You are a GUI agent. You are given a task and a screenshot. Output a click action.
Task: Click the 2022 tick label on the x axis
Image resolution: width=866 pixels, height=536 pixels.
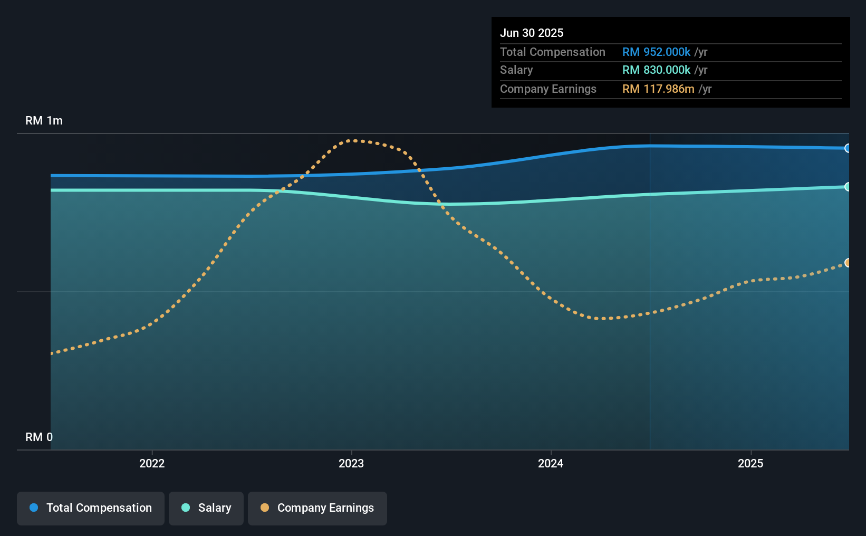[152, 463]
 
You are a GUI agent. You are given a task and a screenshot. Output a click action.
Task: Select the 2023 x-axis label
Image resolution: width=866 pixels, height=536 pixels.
[351, 463]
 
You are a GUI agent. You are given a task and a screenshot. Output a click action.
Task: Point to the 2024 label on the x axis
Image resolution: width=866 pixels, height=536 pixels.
[551, 463]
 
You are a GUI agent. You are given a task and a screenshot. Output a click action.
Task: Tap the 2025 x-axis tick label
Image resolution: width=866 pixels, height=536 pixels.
[750, 463]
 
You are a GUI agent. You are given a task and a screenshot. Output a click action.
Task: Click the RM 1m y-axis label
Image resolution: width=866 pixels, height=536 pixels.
[44, 120]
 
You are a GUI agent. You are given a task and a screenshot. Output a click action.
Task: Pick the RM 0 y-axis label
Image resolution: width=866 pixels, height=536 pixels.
[39, 437]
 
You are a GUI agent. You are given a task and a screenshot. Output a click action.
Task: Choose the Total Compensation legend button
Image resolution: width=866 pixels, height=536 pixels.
[91, 508]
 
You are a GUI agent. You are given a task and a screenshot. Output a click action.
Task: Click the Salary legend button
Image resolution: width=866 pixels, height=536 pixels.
[206, 508]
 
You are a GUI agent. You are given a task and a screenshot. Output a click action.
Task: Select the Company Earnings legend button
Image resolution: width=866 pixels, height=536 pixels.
[317, 508]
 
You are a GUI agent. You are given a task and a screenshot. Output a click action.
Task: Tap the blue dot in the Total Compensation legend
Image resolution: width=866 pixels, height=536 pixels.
[34, 508]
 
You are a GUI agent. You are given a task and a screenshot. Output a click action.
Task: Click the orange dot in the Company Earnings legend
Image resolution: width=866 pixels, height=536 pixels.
[265, 508]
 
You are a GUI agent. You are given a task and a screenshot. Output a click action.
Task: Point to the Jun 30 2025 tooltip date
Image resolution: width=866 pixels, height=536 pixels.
[532, 33]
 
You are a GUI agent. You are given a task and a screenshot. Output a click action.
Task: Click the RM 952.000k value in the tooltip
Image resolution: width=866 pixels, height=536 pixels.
[656, 52]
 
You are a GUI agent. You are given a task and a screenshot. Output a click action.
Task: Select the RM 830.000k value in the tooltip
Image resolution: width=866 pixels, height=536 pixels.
[656, 70]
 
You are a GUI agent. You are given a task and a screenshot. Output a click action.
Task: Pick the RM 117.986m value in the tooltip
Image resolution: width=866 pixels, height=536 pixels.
[658, 89]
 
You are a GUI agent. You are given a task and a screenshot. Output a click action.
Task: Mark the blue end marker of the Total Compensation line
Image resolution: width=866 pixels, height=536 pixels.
[848, 148]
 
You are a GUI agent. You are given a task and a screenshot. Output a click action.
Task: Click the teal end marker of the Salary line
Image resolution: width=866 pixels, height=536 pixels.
[848, 187]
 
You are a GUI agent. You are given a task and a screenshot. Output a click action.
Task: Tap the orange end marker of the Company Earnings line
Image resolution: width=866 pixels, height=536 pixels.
[848, 263]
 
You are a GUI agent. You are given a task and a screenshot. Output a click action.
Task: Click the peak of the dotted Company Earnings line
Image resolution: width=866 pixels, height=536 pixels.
[354, 140]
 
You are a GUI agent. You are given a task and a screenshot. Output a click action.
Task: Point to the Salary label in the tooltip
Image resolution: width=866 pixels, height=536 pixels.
[516, 70]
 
